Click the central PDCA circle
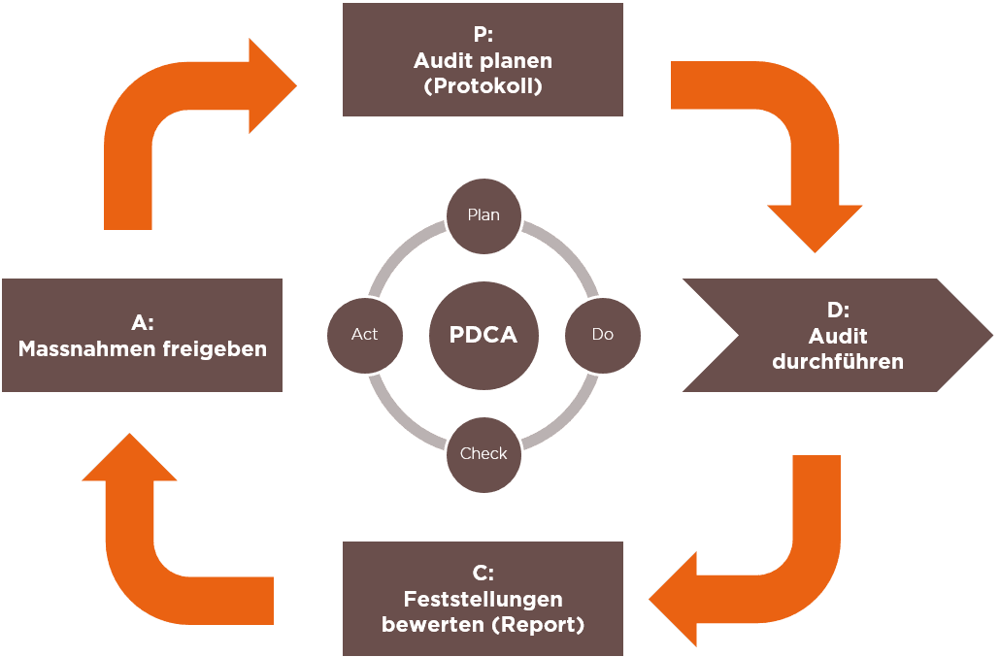483,335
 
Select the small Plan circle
483,214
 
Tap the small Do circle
602,335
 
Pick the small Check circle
483,454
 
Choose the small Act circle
364,335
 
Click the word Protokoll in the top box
483,86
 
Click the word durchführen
838,362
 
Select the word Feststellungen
483,599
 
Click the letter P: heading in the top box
483,35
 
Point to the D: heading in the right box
838,311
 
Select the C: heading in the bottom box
483,574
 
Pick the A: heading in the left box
142,322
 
